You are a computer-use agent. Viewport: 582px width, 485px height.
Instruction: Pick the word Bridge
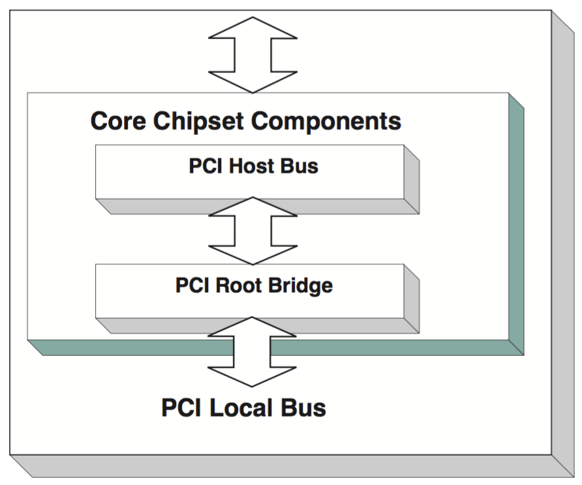coord(300,286)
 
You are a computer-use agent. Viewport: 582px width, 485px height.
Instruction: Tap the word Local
coord(245,408)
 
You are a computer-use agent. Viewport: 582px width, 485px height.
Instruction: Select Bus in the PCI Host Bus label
coord(299,166)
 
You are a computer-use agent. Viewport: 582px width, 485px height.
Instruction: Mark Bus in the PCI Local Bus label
coord(303,408)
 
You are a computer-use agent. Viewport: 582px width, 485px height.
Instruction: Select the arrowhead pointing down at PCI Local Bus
coord(253,375)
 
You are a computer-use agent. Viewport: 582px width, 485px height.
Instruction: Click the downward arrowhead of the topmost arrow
coord(253,81)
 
